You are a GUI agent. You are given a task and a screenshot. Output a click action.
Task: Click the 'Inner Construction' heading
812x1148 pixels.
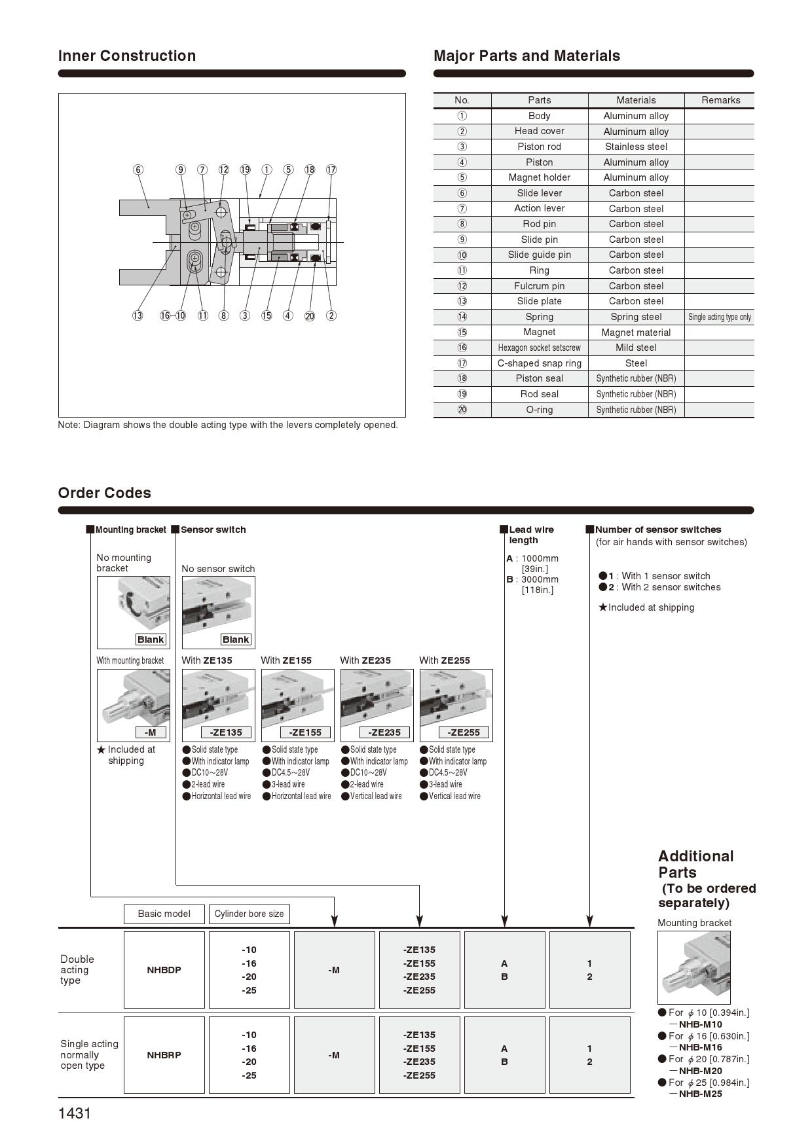coord(127,56)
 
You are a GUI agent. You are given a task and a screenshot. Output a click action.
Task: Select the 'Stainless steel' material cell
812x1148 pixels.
coord(636,147)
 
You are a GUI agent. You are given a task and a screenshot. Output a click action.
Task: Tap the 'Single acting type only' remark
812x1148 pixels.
coord(720,317)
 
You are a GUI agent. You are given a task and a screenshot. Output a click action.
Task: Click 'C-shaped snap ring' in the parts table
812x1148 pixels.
coord(539,363)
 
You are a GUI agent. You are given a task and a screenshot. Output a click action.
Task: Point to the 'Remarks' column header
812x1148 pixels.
coord(720,100)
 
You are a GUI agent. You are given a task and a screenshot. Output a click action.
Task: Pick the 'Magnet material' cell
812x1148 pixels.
coord(636,332)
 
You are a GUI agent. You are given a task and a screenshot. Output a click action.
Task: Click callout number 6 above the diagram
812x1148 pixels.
coord(138,170)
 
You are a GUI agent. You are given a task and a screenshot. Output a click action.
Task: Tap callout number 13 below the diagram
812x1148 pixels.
coord(138,315)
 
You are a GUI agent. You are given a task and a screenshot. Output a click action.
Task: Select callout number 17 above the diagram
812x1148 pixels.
coord(331,170)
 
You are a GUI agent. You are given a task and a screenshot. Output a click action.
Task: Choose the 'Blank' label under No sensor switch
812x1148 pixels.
coord(236,639)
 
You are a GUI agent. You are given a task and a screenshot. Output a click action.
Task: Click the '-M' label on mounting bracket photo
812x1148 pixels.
coord(151,732)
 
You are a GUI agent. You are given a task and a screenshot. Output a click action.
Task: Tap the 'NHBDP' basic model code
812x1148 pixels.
coord(164,970)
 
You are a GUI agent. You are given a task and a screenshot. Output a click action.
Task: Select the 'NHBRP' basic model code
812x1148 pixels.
coord(164,1055)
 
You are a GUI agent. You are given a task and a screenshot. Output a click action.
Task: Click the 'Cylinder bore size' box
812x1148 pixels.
coord(249,914)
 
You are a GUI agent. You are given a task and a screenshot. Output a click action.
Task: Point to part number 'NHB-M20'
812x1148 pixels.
coord(700,1071)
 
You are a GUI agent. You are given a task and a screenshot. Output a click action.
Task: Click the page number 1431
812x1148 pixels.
coord(75,1113)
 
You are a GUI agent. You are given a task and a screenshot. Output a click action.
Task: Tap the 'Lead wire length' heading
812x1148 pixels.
coord(531,535)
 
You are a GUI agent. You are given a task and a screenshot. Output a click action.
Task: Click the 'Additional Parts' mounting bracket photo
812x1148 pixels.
coord(693,967)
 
